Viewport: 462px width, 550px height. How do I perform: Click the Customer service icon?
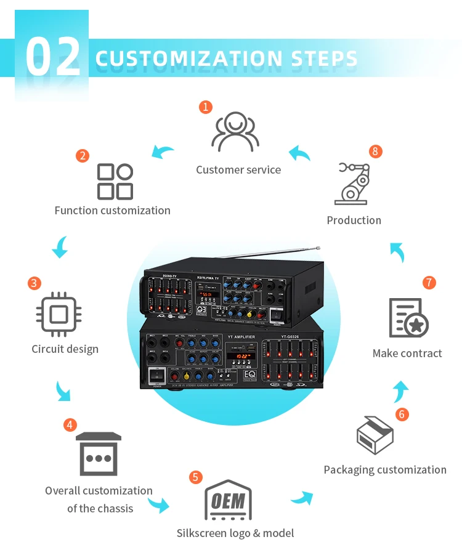(x=235, y=131)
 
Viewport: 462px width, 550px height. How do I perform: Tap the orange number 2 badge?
(x=83, y=156)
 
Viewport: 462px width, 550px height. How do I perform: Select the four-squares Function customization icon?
(x=115, y=181)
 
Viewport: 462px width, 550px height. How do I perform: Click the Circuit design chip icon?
(x=59, y=315)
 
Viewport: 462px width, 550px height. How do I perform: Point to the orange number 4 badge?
(x=70, y=425)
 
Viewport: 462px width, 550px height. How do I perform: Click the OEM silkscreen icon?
(x=228, y=499)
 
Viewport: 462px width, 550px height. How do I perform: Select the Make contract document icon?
(x=408, y=318)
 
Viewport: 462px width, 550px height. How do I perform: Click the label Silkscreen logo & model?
(x=235, y=533)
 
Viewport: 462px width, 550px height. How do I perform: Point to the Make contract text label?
(x=407, y=354)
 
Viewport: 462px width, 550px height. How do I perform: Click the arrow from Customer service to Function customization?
(x=163, y=151)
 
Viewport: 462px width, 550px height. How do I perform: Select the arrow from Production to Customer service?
(x=300, y=153)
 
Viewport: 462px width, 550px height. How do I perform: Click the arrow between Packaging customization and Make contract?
(x=401, y=390)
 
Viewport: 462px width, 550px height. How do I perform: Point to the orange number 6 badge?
(x=402, y=414)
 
